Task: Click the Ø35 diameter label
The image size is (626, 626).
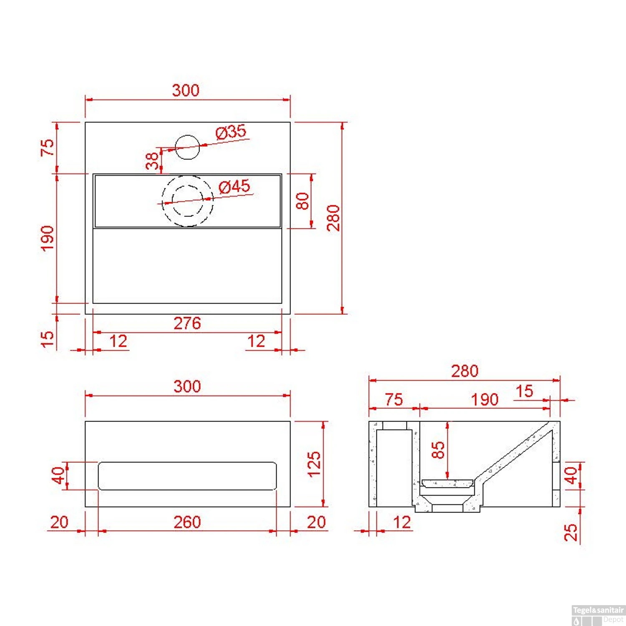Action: click(x=231, y=132)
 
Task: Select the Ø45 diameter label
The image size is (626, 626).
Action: click(x=234, y=186)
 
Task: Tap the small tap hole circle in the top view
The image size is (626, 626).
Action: click(x=187, y=147)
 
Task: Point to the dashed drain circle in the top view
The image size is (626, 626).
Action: click(x=188, y=201)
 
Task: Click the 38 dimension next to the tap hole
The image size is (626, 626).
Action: click(x=152, y=161)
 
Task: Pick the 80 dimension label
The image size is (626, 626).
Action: click(x=302, y=201)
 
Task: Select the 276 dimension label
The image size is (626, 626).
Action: click(x=187, y=323)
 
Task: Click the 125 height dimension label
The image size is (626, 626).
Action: click(x=314, y=464)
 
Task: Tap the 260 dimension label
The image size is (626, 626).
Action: click(x=187, y=522)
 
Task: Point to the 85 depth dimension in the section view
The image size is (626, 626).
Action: click(x=438, y=450)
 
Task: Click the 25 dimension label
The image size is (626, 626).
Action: click(x=570, y=533)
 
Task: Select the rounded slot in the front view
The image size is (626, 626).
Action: click(x=187, y=476)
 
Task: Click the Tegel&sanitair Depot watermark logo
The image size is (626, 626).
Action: click(x=598, y=615)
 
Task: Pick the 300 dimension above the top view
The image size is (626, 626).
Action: click(x=186, y=91)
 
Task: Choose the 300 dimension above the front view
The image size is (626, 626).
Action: click(x=187, y=386)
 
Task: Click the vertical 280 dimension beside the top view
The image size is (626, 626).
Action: click(x=333, y=218)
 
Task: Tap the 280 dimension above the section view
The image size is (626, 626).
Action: click(x=464, y=371)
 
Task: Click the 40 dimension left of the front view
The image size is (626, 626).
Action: click(x=58, y=475)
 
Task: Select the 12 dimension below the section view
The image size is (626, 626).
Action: click(x=402, y=523)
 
